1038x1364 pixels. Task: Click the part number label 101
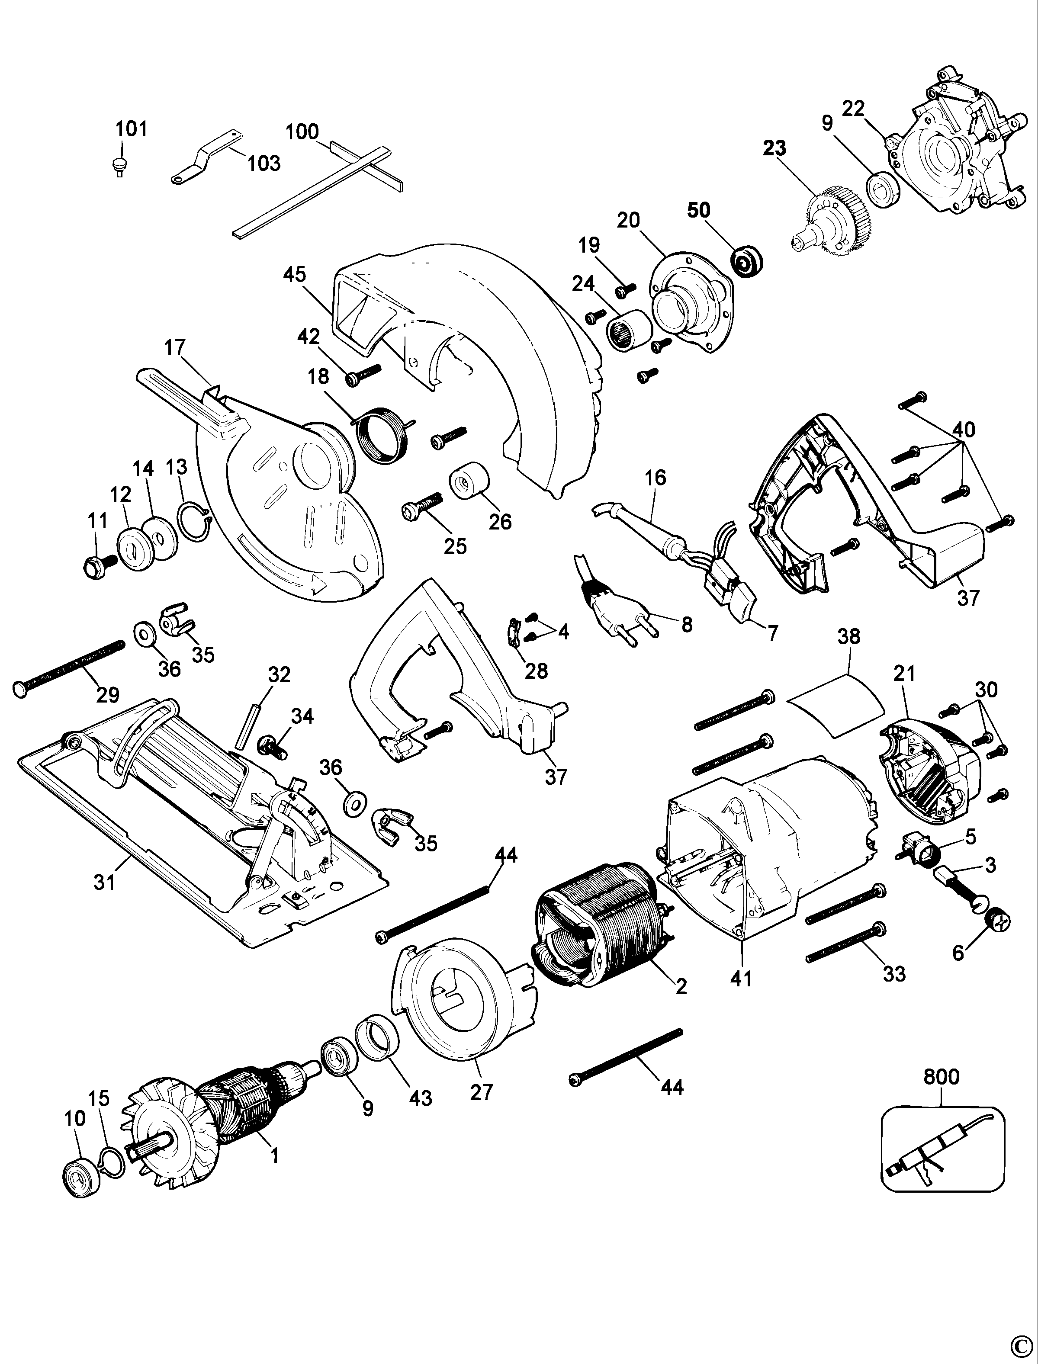pos(132,129)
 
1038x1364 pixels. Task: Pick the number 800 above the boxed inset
pos(941,1077)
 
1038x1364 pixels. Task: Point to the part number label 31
pos(105,882)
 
